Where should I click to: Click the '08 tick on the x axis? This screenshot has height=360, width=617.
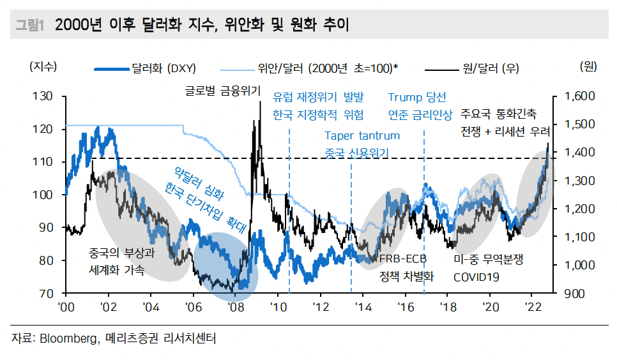235,307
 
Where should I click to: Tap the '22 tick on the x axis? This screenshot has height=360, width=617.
533,307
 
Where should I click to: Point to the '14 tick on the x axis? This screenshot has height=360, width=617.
363,307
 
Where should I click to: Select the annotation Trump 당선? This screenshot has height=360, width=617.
416,97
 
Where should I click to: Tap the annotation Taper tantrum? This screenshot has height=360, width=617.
362,135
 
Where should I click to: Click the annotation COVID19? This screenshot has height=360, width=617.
476,277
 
